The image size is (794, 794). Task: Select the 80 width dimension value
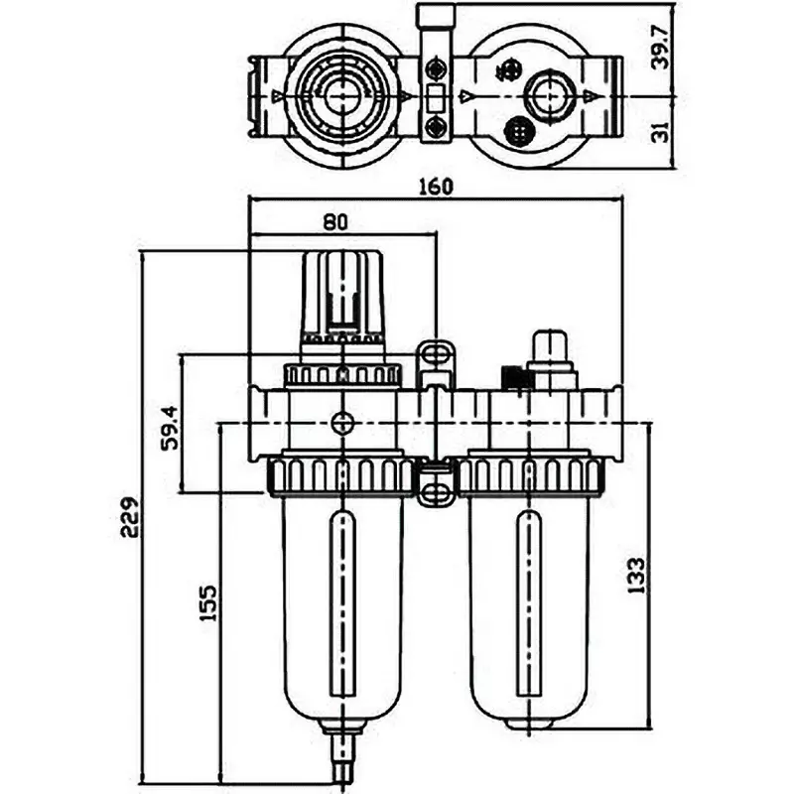335,222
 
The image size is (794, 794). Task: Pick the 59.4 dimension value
171,427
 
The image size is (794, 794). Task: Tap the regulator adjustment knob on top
342,293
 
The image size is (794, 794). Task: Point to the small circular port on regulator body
341,423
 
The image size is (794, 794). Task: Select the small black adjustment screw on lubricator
511,378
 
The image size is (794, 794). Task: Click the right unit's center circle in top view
544,95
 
